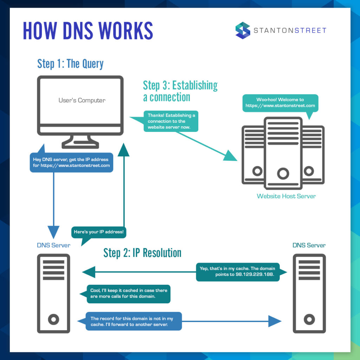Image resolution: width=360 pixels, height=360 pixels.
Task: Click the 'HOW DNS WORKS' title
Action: (88, 31)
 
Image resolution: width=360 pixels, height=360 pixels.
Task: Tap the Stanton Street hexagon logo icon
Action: (243, 30)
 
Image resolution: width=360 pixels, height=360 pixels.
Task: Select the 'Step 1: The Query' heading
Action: (70, 64)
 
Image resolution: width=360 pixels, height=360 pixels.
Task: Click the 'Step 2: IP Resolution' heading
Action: (142, 253)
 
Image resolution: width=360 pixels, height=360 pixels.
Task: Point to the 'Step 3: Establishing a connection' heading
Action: (180, 91)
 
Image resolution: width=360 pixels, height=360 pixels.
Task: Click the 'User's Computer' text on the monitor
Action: (82, 101)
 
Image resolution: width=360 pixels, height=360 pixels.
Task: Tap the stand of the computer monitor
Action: (81, 142)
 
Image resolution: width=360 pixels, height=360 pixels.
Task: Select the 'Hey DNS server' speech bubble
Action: (71, 162)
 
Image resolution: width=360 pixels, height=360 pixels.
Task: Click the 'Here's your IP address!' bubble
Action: (99, 232)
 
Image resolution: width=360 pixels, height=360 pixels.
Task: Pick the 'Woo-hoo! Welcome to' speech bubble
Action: (280, 103)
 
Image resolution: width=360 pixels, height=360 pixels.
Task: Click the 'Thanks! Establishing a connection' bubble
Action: (171, 121)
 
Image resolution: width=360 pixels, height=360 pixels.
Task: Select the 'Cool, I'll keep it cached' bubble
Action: (129, 294)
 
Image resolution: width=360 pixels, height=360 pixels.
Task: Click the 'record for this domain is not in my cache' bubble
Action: (134, 321)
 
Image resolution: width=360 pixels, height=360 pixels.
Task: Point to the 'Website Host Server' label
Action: (286, 196)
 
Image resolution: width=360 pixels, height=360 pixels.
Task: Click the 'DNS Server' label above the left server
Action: (53, 245)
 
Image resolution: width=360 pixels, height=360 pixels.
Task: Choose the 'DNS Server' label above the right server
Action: (309, 245)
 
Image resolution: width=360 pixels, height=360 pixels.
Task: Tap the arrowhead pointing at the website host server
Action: (230, 155)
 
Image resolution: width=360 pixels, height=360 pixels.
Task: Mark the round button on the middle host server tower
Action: (283, 173)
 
